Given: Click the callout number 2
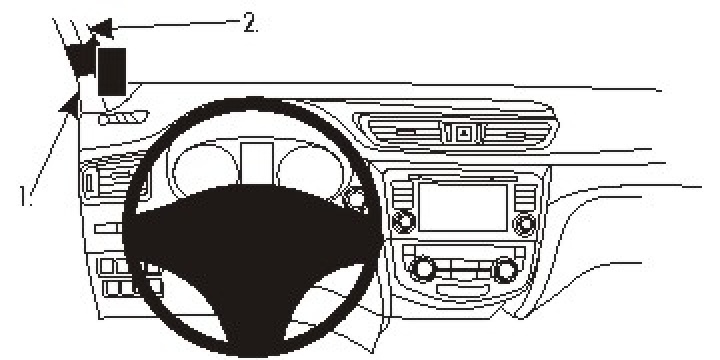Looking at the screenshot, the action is tap(249, 23).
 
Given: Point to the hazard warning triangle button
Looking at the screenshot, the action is tap(464, 131).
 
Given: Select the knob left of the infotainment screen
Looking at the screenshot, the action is tap(404, 221).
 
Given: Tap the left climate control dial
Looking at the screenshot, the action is tap(422, 268).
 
